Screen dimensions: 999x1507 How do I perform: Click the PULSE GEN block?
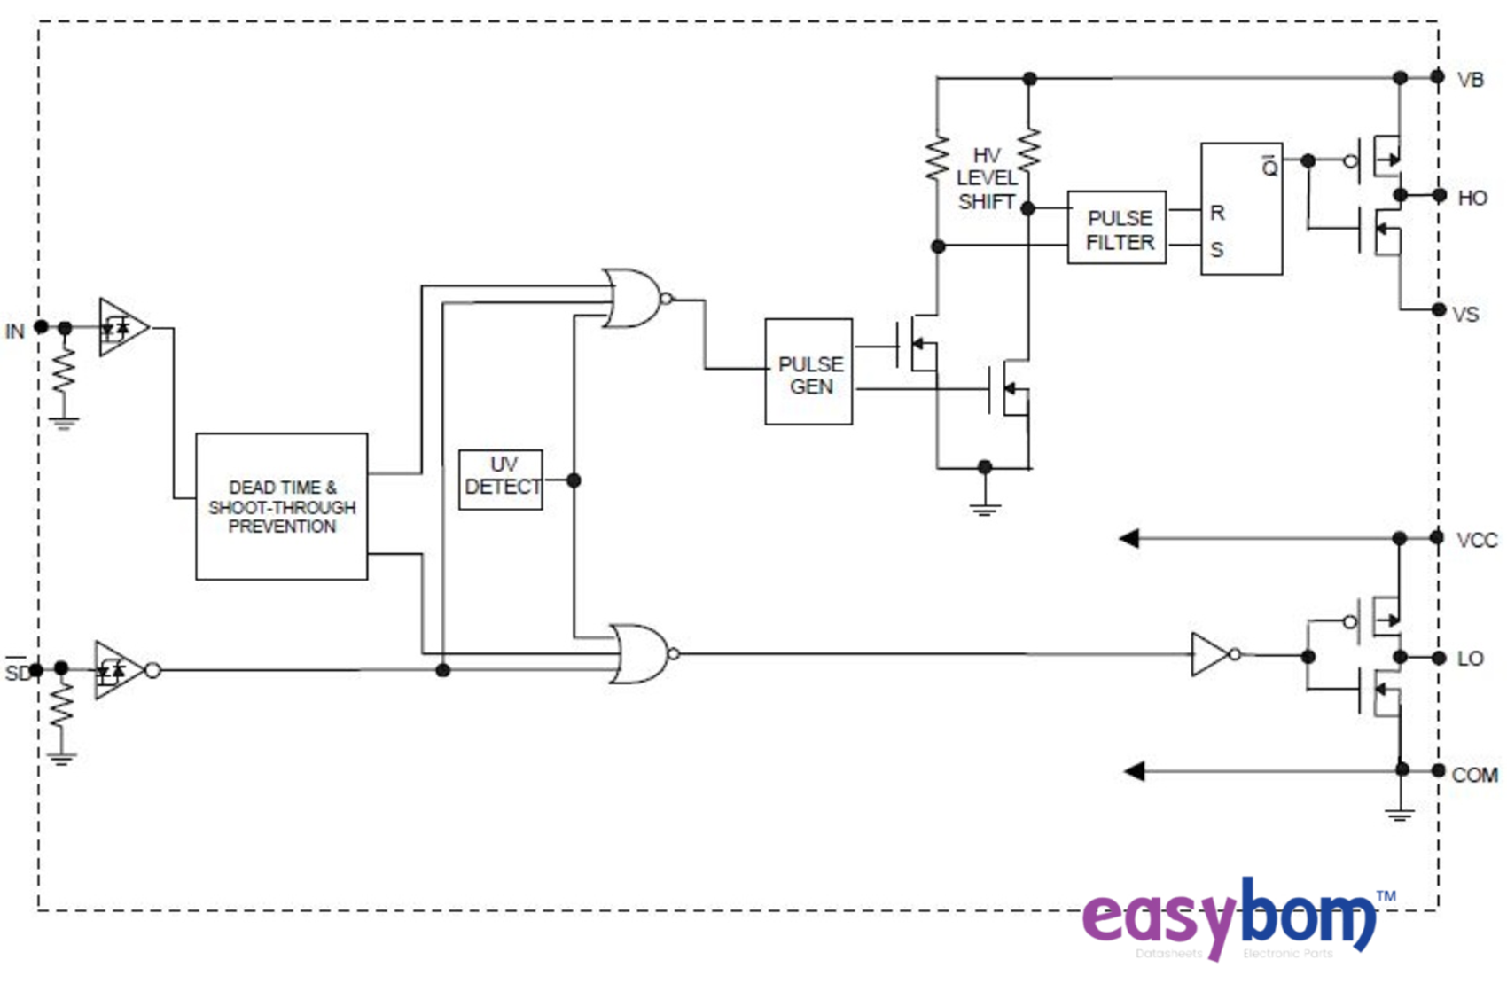[808, 372]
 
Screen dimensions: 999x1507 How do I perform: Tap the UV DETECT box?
[501, 479]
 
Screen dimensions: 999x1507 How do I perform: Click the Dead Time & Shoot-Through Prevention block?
[281, 506]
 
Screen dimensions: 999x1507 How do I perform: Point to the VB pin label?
[1470, 81]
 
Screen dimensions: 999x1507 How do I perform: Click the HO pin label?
[1472, 199]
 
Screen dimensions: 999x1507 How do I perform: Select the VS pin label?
[1465, 315]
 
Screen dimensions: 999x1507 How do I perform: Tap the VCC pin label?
[1476, 540]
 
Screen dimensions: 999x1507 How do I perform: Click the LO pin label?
[1470, 659]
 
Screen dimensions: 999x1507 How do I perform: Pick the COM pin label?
[1474, 776]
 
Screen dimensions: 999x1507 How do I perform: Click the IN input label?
[15, 332]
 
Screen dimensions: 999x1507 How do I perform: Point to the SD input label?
[17, 672]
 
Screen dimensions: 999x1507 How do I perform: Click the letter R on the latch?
[1217, 214]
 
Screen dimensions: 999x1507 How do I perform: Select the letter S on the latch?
[1217, 250]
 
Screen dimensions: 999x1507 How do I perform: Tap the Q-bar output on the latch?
[1269, 166]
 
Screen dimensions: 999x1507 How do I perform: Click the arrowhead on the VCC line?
[1129, 538]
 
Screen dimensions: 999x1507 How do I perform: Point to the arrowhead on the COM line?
[1135, 771]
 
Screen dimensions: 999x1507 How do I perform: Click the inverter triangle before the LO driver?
[1210, 655]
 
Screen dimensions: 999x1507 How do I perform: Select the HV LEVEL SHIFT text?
[986, 179]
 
